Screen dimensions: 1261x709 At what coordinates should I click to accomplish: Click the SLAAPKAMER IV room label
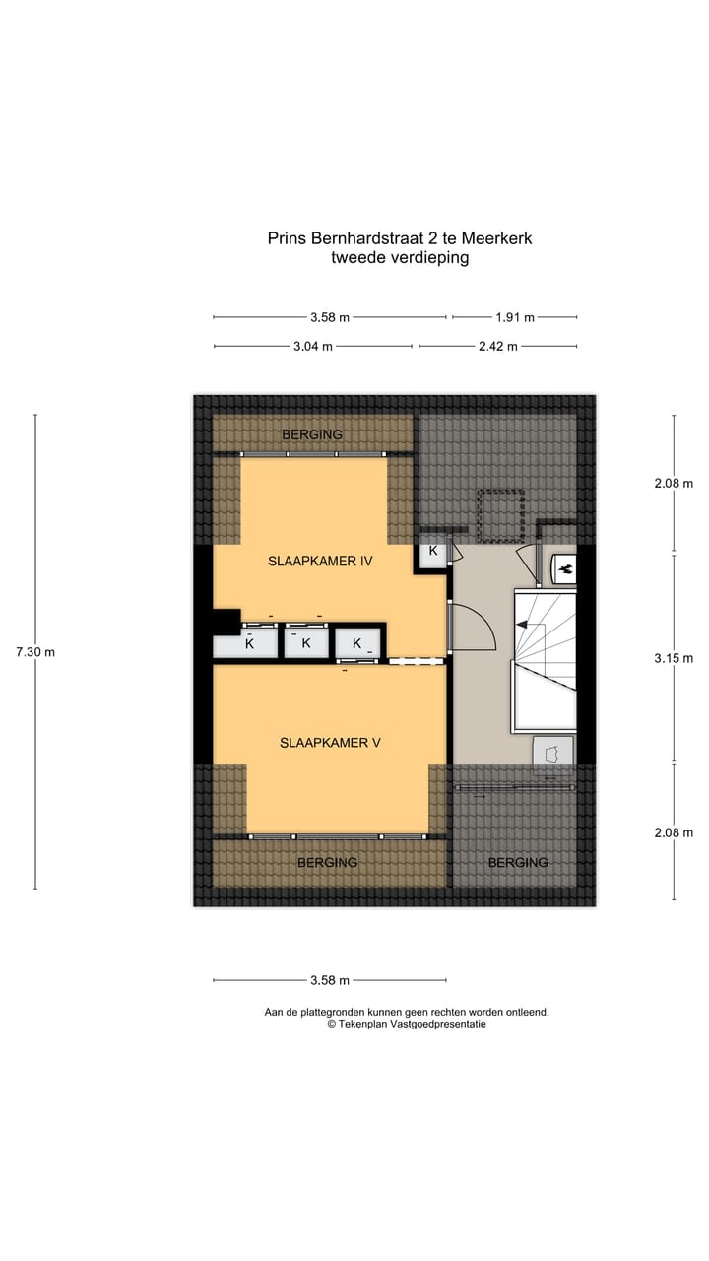point(319,562)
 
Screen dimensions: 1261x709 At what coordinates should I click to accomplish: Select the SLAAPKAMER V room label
point(329,743)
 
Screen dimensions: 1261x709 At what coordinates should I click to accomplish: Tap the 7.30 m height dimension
point(35,652)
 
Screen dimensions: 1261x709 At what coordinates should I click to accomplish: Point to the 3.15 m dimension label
point(674,658)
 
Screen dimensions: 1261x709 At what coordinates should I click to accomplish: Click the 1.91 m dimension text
point(514,317)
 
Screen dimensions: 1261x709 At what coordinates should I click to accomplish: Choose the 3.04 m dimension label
point(313,346)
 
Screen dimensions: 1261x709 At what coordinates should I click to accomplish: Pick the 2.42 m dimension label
point(498,346)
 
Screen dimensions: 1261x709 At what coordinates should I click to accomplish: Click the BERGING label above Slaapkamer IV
point(312,434)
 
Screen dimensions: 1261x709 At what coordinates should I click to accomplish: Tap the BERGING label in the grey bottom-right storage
point(518,862)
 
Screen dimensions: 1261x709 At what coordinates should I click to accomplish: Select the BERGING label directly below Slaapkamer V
point(328,862)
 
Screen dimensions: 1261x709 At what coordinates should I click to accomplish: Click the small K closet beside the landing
point(433,552)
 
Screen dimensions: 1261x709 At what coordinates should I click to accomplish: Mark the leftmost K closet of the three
point(249,644)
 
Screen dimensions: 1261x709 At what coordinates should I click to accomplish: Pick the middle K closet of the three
point(306,643)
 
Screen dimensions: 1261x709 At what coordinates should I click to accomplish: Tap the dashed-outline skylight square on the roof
point(499,515)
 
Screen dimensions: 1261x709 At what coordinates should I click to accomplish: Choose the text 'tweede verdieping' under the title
point(400,258)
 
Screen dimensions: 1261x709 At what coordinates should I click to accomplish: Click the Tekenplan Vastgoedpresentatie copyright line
point(407,1024)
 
